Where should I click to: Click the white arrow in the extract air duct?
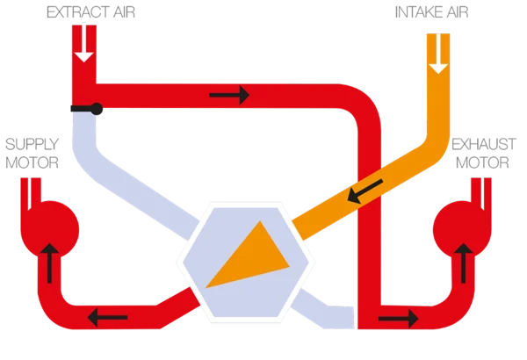coord(84,43)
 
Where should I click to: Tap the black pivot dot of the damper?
coord(97,110)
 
